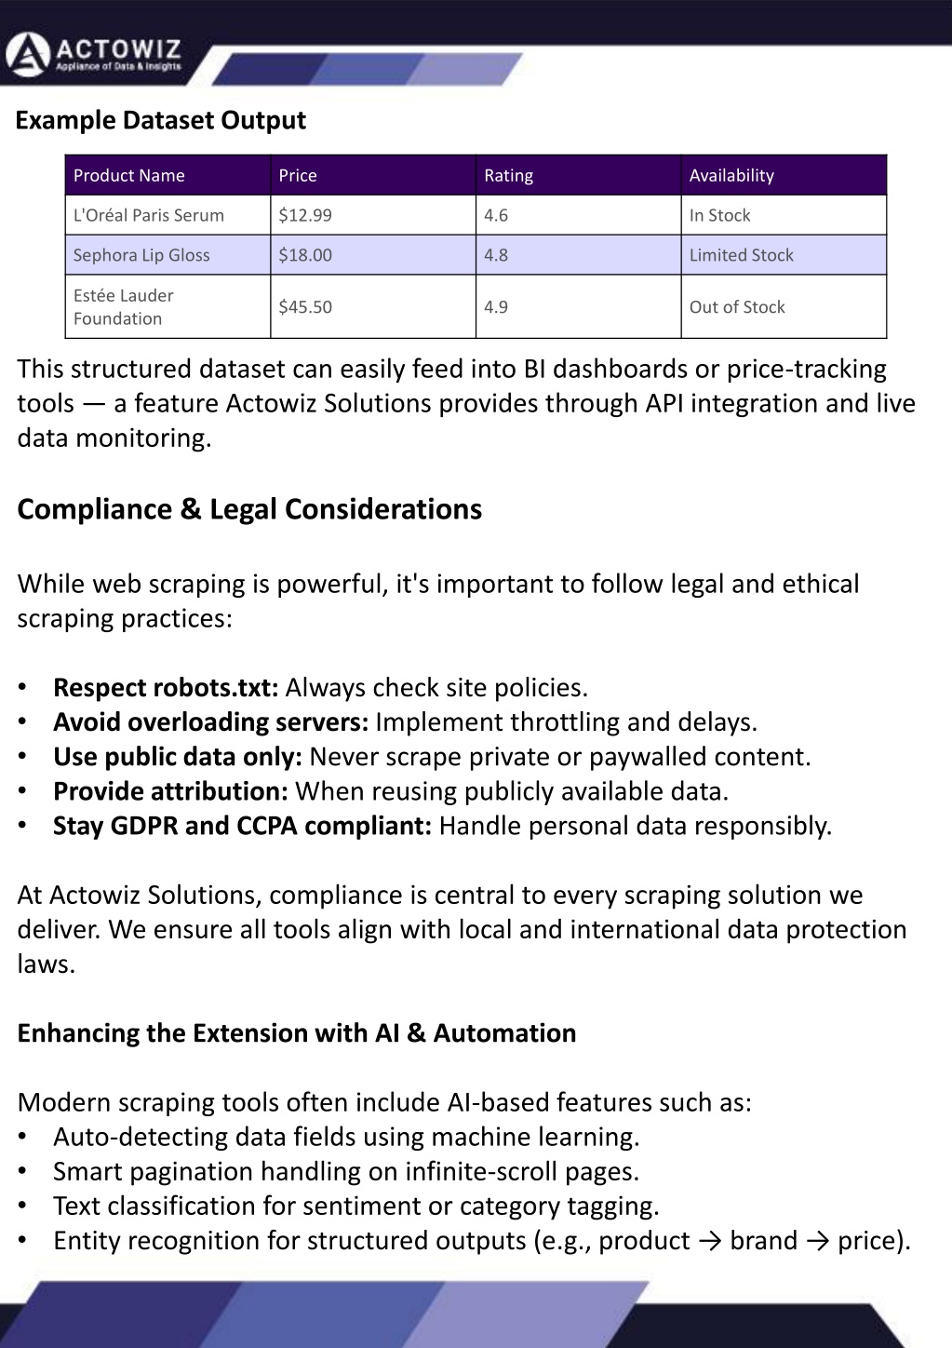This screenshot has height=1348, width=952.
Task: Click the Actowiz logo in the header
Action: point(93,54)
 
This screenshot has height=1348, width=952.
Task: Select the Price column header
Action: point(298,175)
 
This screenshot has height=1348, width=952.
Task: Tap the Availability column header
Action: point(731,175)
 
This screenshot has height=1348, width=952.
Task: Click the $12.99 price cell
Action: point(305,215)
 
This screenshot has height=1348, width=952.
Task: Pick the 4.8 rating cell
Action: point(496,255)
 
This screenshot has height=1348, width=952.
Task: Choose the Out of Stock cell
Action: point(737,307)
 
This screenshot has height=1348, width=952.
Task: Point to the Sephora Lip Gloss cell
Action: point(141,255)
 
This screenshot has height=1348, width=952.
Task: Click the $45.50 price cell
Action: point(305,307)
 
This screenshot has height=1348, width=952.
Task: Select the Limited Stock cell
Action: point(742,255)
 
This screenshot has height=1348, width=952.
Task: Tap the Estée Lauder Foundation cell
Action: point(124,306)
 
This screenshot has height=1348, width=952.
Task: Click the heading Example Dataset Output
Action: point(161,120)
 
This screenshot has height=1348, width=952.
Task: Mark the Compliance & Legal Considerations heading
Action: point(249,509)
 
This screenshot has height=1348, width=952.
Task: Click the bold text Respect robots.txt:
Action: point(166,688)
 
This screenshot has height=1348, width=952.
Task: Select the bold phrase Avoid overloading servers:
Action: point(211,722)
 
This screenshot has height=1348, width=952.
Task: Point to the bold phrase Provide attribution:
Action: point(170,791)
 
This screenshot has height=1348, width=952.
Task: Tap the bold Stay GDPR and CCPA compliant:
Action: point(242,826)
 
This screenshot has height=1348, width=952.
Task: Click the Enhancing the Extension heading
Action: point(296,1033)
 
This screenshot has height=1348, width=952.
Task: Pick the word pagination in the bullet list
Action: point(189,1171)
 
